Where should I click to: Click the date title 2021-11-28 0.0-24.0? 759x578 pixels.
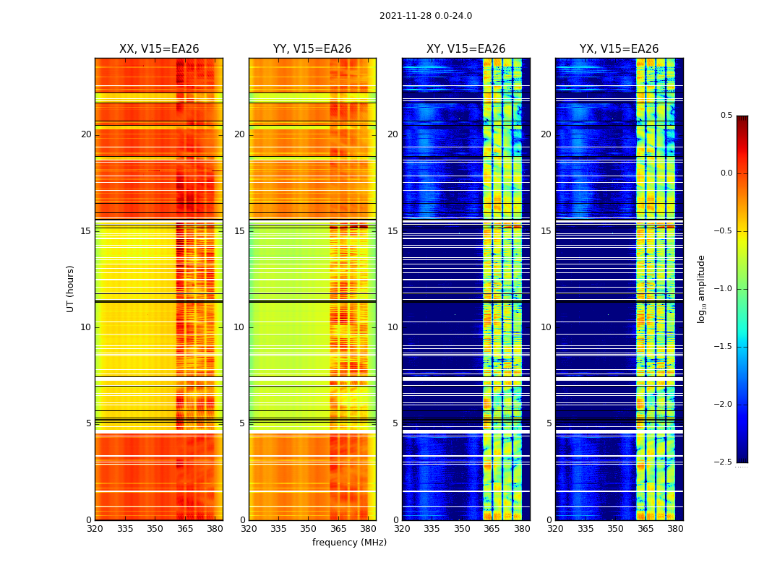pos(425,16)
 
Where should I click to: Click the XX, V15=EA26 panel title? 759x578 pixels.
pos(159,49)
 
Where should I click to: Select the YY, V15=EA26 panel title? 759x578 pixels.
pos(312,49)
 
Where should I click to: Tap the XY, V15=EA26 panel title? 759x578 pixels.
pos(466,49)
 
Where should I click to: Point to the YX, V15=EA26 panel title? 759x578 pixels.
pos(619,49)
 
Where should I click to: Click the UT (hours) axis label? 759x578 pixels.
pos(70,288)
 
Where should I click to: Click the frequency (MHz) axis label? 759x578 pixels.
pos(349,543)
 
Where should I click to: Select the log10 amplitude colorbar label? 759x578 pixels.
pos(701,288)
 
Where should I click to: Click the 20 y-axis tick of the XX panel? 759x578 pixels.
pos(86,134)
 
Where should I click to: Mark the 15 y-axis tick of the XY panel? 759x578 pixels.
pos(393,231)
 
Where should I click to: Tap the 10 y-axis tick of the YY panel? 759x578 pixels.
pos(239,327)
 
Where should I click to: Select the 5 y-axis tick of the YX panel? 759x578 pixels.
pos(549,423)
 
